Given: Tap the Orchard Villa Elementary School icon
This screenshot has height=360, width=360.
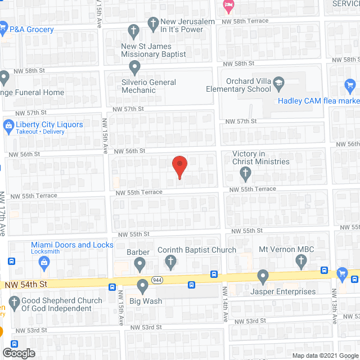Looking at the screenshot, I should pos(278,84).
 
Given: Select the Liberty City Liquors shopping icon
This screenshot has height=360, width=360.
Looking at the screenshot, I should pos(9,125).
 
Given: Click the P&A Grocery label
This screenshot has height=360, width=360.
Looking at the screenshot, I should pos(31,29).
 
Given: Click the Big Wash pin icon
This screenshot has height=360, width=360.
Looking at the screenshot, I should pos(142,288).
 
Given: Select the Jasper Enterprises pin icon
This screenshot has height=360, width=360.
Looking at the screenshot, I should pos(262,277).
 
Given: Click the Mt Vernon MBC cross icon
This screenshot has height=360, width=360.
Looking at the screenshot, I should pos(301,260).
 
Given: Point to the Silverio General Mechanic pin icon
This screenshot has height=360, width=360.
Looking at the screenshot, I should pos(134,68).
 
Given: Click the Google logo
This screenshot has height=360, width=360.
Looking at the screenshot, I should pos(18,353).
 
